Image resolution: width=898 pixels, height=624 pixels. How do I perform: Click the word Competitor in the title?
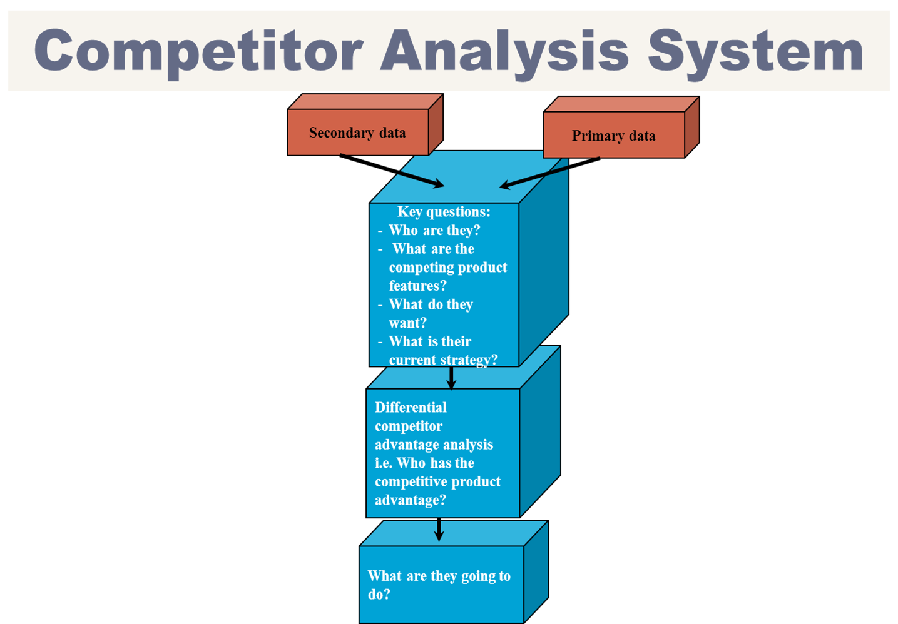click(x=198, y=51)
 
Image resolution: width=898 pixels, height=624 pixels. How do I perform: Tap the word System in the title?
click(x=755, y=51)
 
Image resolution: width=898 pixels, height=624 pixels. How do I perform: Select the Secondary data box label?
click(x=357, y=133)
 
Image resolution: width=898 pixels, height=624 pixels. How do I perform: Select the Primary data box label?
click(x=613, y=136)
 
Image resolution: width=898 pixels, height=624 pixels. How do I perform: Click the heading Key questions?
click(x=444, y=212)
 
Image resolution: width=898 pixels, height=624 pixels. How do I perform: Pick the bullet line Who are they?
click(x=434, y=230)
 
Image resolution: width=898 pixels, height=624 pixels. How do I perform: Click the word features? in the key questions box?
click(x=417, y=286)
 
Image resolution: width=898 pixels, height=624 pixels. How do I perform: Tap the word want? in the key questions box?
click(x=407, y=323)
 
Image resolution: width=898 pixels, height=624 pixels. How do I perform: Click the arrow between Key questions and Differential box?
click(x=451, y=378)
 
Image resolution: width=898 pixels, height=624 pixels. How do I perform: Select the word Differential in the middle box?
click(x=411, y=407)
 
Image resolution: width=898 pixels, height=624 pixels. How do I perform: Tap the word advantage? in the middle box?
click(x=410, y=500)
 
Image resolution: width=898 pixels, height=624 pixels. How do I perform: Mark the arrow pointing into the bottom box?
click(x=439, y=531)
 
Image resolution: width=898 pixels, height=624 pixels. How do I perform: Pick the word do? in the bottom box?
click(x=379, y=595)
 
